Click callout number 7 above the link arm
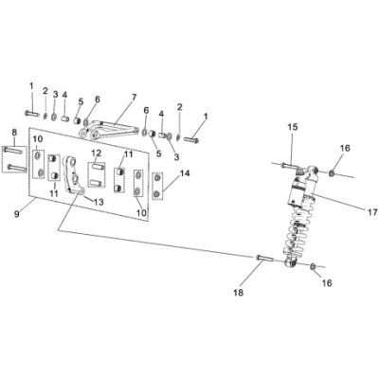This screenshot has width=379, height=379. click(135, 97)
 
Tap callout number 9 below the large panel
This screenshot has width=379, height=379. click(17, 214)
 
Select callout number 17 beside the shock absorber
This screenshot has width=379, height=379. click(372, 212)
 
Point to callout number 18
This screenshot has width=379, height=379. click(239, 293)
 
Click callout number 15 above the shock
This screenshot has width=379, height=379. click(293, 127)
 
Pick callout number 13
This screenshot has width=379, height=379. click(99, 202)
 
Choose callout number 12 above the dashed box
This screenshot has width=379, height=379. click(97, 153)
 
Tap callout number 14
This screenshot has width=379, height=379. click(185, 173)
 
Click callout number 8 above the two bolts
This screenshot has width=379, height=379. click(14, 132)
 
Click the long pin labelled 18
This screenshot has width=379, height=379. click(263, 258)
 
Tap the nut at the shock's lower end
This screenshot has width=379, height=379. click(313, 266)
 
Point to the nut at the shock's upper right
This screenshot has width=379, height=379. click(332, 173)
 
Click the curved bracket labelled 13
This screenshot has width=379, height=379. click(74, 174)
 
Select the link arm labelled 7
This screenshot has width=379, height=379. click(109, 130)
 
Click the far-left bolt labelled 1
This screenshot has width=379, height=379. click(31, 113)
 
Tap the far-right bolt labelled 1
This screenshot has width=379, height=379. click(191, 139)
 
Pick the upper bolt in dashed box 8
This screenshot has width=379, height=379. click(13, 151)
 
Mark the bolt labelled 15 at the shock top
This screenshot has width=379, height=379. click(289, 165)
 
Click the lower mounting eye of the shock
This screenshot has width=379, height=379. click(291, 263)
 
